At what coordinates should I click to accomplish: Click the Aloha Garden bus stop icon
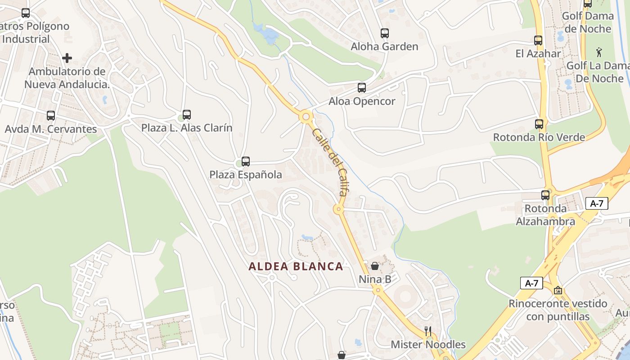384,33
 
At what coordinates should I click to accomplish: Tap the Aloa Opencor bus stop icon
362,88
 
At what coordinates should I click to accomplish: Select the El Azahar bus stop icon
538,40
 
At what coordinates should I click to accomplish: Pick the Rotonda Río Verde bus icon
539,124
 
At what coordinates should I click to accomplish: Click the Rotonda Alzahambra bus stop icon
545,195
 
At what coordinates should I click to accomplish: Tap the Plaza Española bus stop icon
246,161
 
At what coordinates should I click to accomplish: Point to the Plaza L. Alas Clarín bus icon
187,114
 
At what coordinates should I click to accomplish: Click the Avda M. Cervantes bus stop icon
51,116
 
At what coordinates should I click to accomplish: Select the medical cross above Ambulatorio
67,58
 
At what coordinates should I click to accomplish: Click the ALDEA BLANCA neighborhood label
296,266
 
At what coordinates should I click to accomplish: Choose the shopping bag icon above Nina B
375,266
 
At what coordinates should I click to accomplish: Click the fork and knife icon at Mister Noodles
428,331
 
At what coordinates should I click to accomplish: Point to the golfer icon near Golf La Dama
599,52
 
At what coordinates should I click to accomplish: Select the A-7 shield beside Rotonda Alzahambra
597,203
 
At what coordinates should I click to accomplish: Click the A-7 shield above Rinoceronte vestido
531,283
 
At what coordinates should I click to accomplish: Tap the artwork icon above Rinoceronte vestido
558,290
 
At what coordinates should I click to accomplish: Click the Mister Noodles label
428,345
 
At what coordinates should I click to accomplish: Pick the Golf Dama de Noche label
588,22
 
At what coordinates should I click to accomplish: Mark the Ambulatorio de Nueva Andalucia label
67,78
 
